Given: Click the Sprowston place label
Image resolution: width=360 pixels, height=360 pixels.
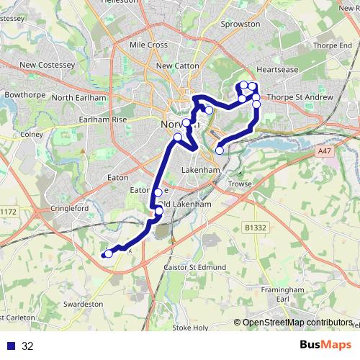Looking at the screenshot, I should (242, 24).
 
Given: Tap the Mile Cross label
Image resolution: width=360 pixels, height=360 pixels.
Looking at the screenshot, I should (148, 45).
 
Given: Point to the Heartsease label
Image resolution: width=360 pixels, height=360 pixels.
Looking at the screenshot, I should (276, 71).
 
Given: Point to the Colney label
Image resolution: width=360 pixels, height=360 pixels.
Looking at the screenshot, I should (32, 134).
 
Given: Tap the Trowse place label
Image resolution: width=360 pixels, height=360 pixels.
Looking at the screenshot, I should (240, 184).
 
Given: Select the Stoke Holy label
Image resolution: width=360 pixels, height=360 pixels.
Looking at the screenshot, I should (190, 328).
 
